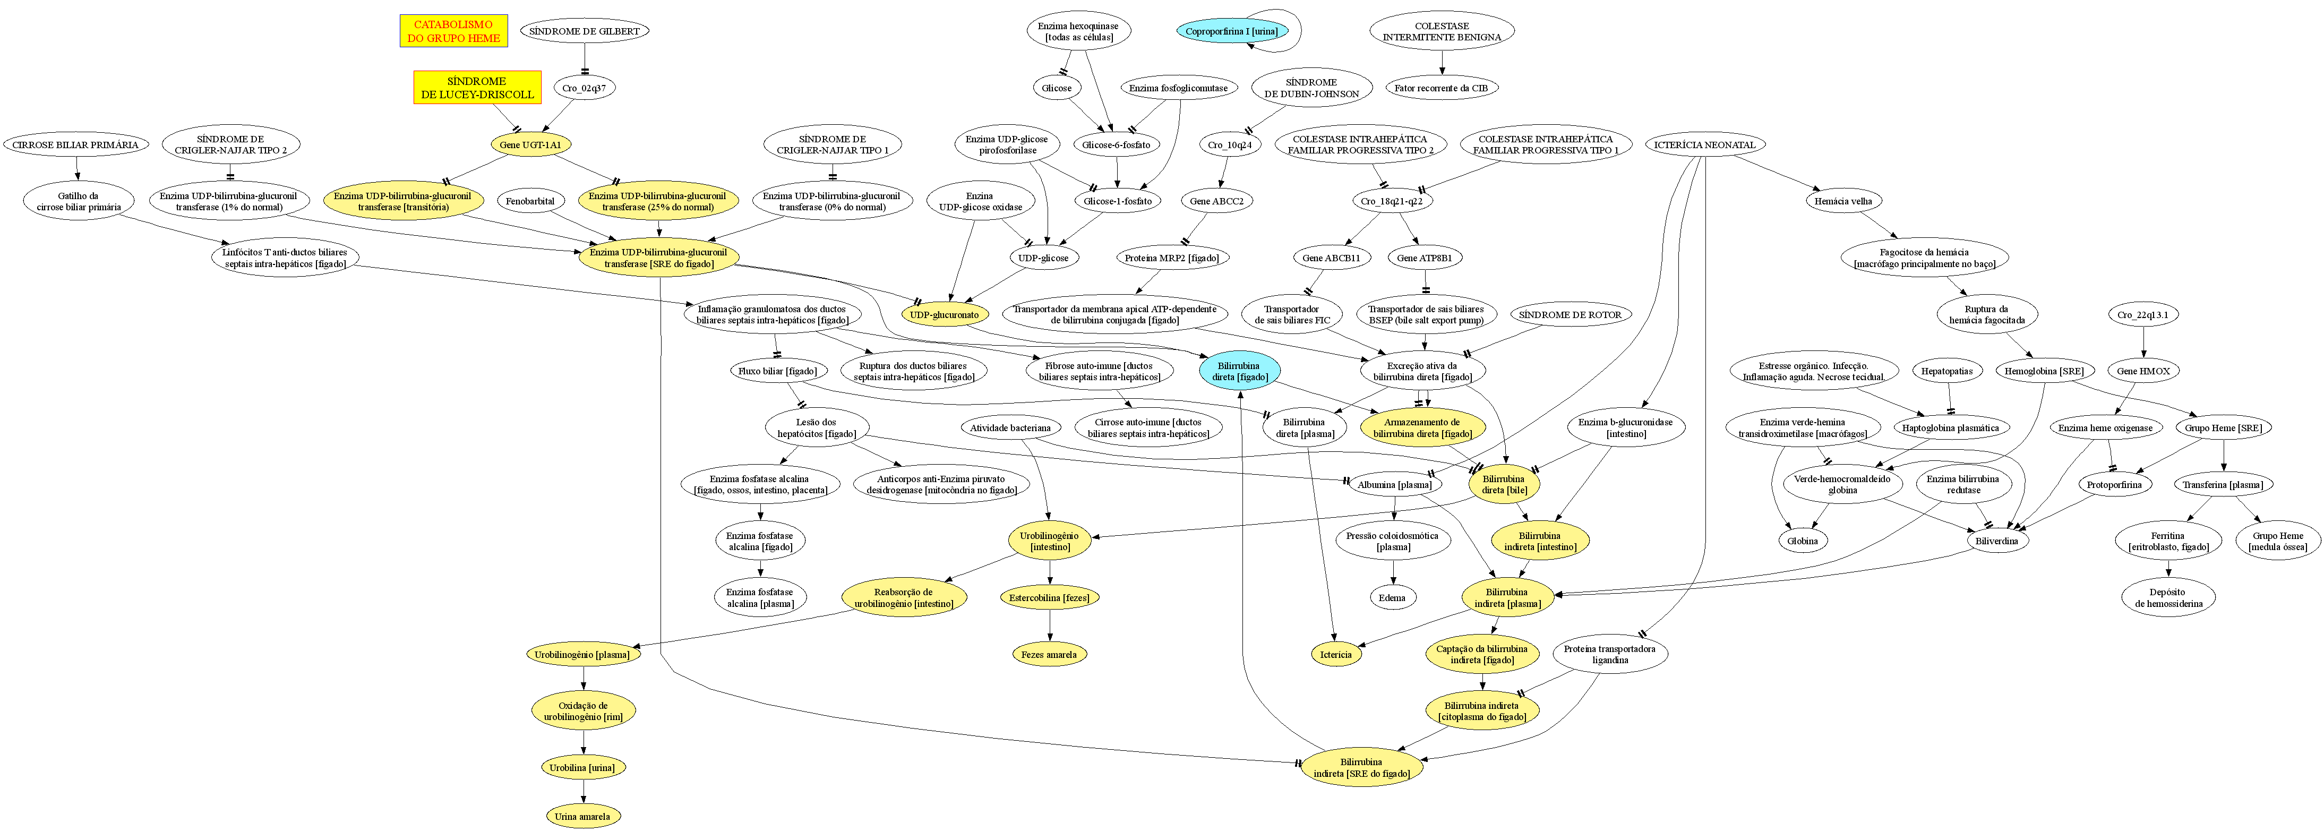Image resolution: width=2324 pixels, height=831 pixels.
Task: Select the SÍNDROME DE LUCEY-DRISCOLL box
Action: click(x=477, y=88)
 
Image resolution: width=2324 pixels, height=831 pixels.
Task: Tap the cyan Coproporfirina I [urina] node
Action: click(x=1231, y=31)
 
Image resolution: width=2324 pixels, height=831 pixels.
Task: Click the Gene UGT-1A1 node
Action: click(x=530, y=144)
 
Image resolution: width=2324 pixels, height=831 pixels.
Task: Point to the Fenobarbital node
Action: click(x=530, y=201)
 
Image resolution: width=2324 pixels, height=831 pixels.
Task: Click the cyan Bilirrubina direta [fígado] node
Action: click(x=1240, y=371)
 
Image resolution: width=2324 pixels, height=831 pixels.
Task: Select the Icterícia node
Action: click(x=1335, y=654)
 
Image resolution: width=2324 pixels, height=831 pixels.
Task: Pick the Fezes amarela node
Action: click(x=1049, y=654)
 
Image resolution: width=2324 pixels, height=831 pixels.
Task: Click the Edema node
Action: click(x=1392, y=597)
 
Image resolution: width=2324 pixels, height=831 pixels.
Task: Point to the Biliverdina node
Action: click(x=1996, y=541)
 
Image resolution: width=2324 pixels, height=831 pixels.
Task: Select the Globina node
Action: click(x=1803, y=541)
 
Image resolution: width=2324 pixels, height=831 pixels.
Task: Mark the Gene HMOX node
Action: click(x=2143, y=371)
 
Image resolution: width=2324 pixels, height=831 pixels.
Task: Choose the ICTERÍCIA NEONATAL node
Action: click(x=1704, y=144)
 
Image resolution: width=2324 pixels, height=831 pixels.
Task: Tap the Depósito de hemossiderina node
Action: click(x=2168, y=597)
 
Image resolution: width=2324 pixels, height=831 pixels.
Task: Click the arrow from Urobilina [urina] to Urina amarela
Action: click(x=583, y=791)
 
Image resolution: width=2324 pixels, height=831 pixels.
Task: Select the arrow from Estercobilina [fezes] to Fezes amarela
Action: click(x=1049, y=626)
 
